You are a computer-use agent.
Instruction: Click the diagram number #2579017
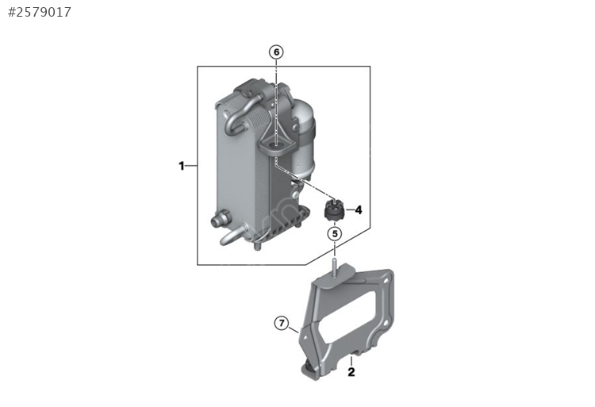tap(40, 12)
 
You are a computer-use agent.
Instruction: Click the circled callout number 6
tap(276, 52)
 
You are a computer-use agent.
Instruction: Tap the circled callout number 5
tap(335, 234)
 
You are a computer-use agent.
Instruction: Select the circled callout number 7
tap(282, 323)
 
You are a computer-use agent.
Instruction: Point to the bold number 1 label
tap(182, 166)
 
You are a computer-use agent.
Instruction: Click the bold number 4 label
tap(359, 209)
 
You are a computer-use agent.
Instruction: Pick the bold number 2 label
tap(351, 372)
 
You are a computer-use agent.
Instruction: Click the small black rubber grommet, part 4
tap(334, 211)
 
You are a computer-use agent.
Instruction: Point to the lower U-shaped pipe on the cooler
tap(234, 235)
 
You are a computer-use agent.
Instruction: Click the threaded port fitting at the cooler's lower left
tap(220, 218)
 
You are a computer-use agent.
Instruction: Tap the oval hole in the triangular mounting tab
tap(275, 145)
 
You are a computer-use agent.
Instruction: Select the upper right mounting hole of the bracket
tap(386, 282)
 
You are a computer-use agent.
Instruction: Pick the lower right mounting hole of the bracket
tap(385, 323)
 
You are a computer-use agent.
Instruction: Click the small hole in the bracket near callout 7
tap(304, 336)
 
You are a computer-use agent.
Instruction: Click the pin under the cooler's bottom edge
tap(258, 248)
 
